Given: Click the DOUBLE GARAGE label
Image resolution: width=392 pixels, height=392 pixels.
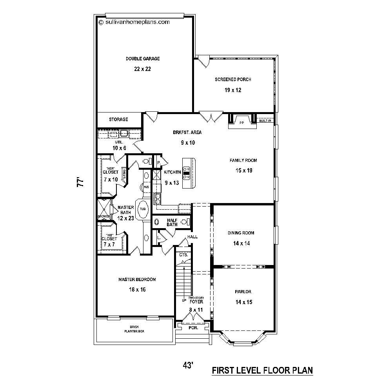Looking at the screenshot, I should coord(143,59).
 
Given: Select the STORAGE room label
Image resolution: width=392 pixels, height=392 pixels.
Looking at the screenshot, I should coord(118,120).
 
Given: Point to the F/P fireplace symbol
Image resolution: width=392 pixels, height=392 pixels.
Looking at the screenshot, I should coord(242,122).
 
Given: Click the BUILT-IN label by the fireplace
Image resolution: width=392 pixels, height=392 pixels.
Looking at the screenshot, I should coord(265,121).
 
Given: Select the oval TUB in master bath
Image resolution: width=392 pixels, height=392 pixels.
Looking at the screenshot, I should coord(143,209).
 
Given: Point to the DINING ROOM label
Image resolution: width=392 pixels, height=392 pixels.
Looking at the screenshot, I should coord(241,233).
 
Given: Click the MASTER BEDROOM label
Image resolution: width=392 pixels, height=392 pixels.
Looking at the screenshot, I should coord(137,279).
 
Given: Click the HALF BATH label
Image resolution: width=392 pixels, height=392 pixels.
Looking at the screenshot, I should coord(172,222).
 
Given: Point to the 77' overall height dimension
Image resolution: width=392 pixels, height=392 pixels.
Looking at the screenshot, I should coord(81,183).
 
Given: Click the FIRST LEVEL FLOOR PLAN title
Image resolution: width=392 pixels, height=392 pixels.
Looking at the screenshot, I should coord(262,370).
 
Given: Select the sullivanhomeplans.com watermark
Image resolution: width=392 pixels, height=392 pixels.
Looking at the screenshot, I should coord(134,22).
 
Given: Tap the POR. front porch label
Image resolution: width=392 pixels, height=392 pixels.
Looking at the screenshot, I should coord(193,327).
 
